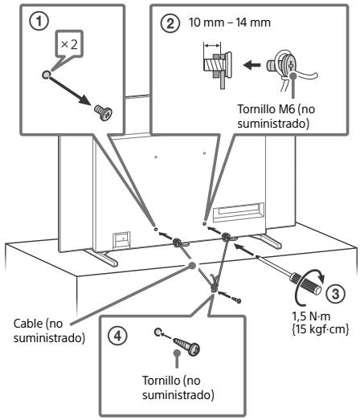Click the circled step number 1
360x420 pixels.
coord(39,22)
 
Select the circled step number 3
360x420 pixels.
coord(336,293)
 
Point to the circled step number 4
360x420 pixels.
coord(118,336)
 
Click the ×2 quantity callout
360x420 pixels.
coord(70,44)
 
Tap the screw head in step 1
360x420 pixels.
coord(104,112)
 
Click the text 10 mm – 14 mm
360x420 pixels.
coord(230,22)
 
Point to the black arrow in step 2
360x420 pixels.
coord(252,65)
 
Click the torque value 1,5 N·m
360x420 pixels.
coord(311,316)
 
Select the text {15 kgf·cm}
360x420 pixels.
coord(320,329)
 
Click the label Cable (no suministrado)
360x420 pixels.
coord(49,331)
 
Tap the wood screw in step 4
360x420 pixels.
coord(186,345)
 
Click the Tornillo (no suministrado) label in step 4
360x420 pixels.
coord(178,388)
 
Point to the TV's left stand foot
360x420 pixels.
coord(101,258)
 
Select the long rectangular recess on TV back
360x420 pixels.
coord(239,213)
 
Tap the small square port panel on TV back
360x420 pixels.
coord(121,240)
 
